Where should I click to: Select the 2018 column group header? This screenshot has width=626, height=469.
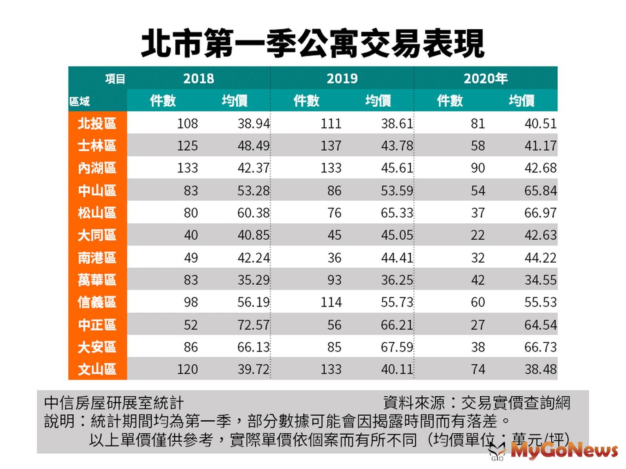click(x=199, y=79)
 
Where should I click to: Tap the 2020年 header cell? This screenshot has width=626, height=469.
click(x=486, y=79)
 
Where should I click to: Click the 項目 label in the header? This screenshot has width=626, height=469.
click(x=115, y=79)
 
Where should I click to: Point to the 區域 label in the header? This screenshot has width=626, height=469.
click(x=80, y=102)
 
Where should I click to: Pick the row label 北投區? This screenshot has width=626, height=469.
click(x=97, y=124)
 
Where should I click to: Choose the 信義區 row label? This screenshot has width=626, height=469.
click(x=97, y=302)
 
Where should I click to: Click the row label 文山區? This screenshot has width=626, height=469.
click(x=97, y=369)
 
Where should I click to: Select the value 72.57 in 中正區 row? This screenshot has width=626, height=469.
click(x=254, y=325)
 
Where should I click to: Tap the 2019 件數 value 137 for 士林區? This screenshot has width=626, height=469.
click(x=331, y=146)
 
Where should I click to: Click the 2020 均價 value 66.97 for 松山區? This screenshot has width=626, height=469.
click(x=540, y=213)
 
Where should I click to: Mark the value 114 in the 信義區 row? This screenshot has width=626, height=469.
click(x=331, y=302)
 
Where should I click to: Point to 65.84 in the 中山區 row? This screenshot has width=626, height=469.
click(x=540, y=191)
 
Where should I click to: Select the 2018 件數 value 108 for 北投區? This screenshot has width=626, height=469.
click(x=187, y=124)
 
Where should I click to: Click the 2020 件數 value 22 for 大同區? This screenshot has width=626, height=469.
click(x=478, y=235)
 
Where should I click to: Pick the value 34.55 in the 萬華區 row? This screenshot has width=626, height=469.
click(x=540, y=280)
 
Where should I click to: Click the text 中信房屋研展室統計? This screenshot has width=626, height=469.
click(x=114, y=403)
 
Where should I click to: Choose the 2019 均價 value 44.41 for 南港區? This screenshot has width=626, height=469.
click(x=397, y=258)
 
